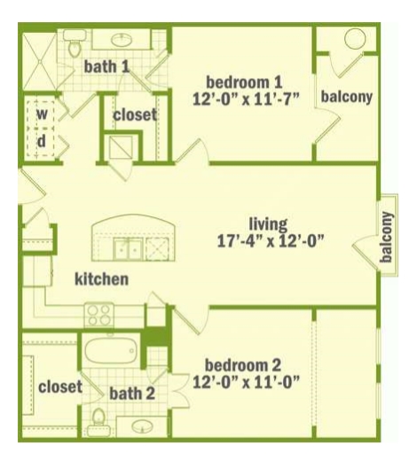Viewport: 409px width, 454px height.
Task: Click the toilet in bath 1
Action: pyautogui.click(x=75, y=44)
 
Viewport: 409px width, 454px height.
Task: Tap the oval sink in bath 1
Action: pyautogui.click(x=122, y=40)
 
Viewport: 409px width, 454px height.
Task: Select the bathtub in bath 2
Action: pyautogui.click(x=111, y=351)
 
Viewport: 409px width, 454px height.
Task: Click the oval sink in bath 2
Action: pyautogui.click(x=143, y=427)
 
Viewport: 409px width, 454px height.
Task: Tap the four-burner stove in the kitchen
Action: pyautogui.click(x=99, y=315)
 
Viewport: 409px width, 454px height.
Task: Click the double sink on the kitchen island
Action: pyautogui.click(x=129, y=249)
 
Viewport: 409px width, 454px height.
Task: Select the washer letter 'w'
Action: pyautogui.click(x=42, y=113)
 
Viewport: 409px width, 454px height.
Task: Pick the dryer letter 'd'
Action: pyautogui.click(x=42, y=141)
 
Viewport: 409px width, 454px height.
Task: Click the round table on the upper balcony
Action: pyautogui.click(x=355, y=39)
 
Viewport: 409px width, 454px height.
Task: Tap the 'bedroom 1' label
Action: pyautogui.click(x=244, y=82)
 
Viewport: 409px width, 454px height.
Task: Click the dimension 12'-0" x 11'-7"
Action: pyautogui.click(x=246, y=98)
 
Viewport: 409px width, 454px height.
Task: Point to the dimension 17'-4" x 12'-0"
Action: pyautogui.click(x=271, y=241)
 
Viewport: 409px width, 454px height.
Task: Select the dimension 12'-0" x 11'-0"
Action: pyautogui.click(x=246, y=382)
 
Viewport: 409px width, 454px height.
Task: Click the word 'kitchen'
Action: pyautogui.click(x=102, y=278)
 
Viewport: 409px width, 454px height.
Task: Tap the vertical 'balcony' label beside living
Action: pyautogui.click(x=387, y=237)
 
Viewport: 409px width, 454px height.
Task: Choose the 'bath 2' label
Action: pyautogui.click(x=132, y=394)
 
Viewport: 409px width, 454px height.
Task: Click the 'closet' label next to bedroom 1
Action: pyautogui.click(x=135, y=114)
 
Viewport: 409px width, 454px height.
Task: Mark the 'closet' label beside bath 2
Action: pyautogui.click(x=60, y=387)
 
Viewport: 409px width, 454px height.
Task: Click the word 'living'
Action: pyautogui.click(x=268, y=224)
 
